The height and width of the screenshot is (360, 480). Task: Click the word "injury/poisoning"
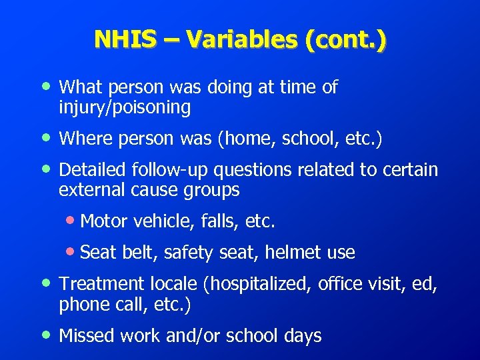pos(125,107)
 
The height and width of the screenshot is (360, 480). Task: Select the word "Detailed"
pos(93,170)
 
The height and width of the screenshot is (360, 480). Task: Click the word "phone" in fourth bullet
pos(79,304)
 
